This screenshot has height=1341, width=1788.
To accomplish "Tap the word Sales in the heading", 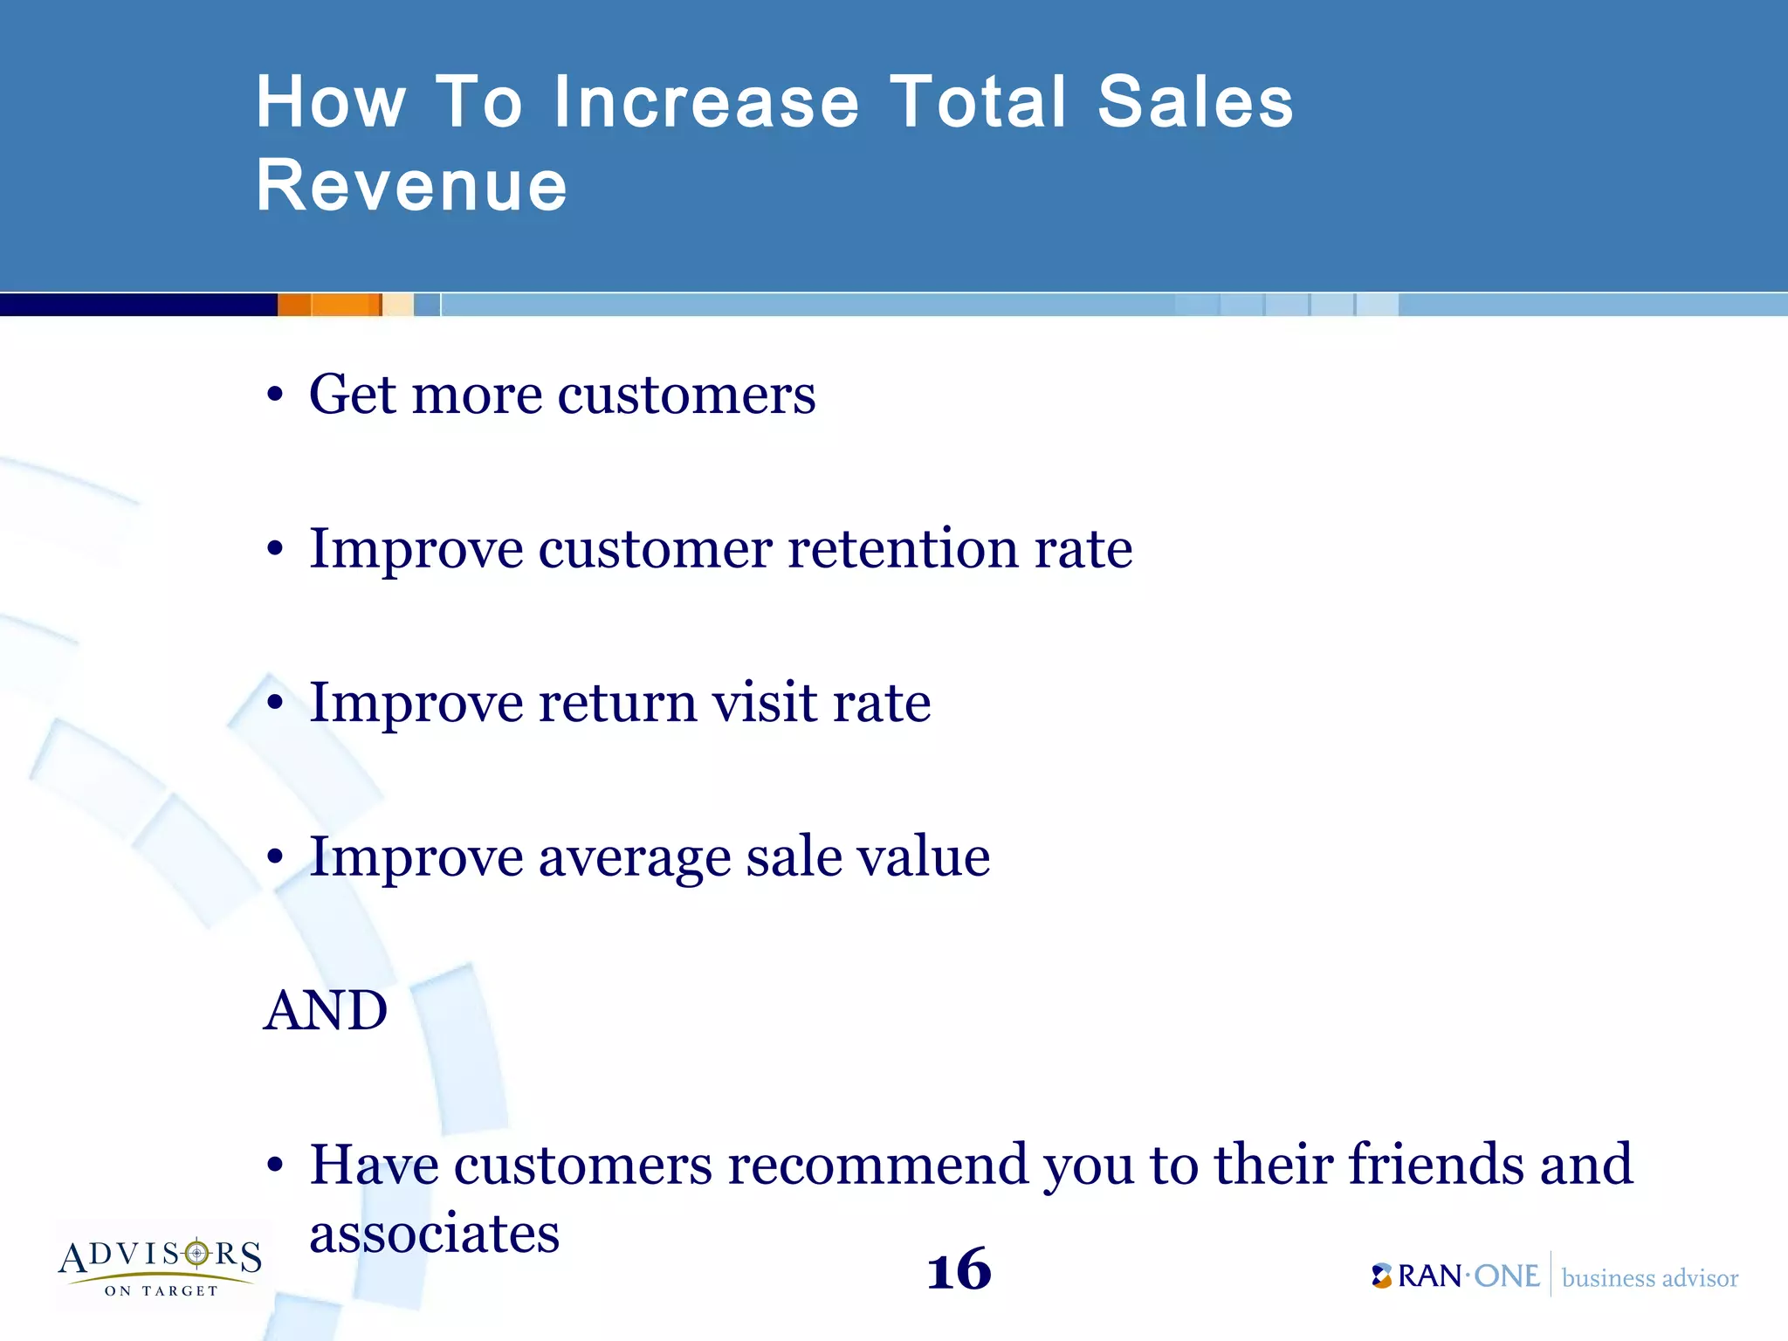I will tap(1194, 102).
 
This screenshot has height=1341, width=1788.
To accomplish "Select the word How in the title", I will tap(331, 102).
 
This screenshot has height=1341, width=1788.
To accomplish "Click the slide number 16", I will tap(959, 1270).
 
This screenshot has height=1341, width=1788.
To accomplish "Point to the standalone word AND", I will tap(325, 1010).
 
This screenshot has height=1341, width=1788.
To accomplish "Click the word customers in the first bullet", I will tap(686, 395).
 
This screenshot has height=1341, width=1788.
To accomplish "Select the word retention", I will tap(903, 549).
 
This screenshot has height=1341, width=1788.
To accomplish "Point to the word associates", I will tap(434, 1234).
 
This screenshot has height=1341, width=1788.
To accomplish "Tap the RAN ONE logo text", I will tap(1456, 1276).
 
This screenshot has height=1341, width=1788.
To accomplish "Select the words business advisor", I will tap(1649, 1278).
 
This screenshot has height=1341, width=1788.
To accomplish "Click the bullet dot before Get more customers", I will tap(275, 395).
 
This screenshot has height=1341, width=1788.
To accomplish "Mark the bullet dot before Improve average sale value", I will tap(275, 857).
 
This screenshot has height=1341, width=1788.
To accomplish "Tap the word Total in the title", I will tap(978, 102).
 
